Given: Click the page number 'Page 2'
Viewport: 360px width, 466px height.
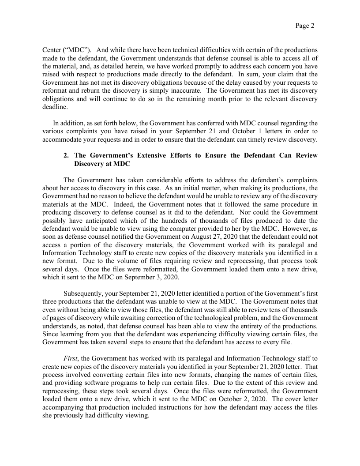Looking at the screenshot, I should click(305, 26).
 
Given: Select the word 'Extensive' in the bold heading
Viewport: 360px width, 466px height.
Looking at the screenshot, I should click(150, 156).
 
